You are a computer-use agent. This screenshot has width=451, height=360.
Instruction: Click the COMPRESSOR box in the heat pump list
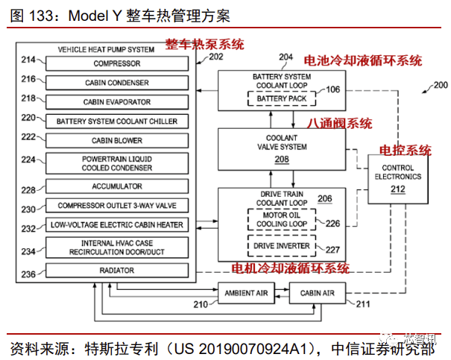click(116, 63)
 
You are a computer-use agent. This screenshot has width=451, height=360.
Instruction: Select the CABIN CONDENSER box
click(116, 83)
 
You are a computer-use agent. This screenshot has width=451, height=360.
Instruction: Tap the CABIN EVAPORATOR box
click(116, 102)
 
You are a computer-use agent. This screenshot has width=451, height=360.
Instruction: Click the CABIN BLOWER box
click(116, 140)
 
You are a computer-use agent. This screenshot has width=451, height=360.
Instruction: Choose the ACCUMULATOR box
click(116, 186)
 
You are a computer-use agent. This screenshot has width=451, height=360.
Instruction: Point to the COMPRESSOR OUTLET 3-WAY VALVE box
click(116, 206)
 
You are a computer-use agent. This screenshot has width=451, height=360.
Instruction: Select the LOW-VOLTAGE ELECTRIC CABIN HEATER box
click(116, 224)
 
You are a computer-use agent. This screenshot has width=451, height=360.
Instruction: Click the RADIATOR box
click(116, 271)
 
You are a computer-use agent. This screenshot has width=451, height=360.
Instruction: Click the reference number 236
click(29, 274)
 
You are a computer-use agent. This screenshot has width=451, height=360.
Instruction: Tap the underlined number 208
click(282, 159)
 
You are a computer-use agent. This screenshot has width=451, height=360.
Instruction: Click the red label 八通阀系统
click(340, 124)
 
